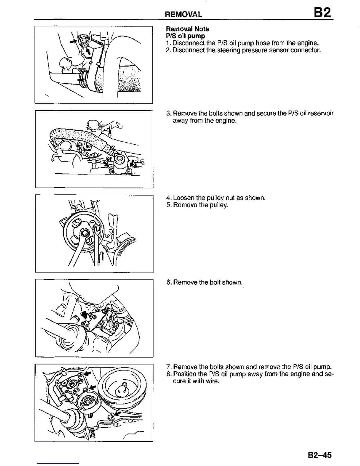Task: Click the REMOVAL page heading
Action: [183, 14]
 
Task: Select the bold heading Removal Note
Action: [187, 29]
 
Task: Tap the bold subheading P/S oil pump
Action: [185, 36]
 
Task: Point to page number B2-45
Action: [320, 455]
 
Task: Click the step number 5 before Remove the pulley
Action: [168, 205]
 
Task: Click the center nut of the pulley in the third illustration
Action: [85, 233]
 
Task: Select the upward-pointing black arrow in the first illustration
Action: [88, 52]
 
